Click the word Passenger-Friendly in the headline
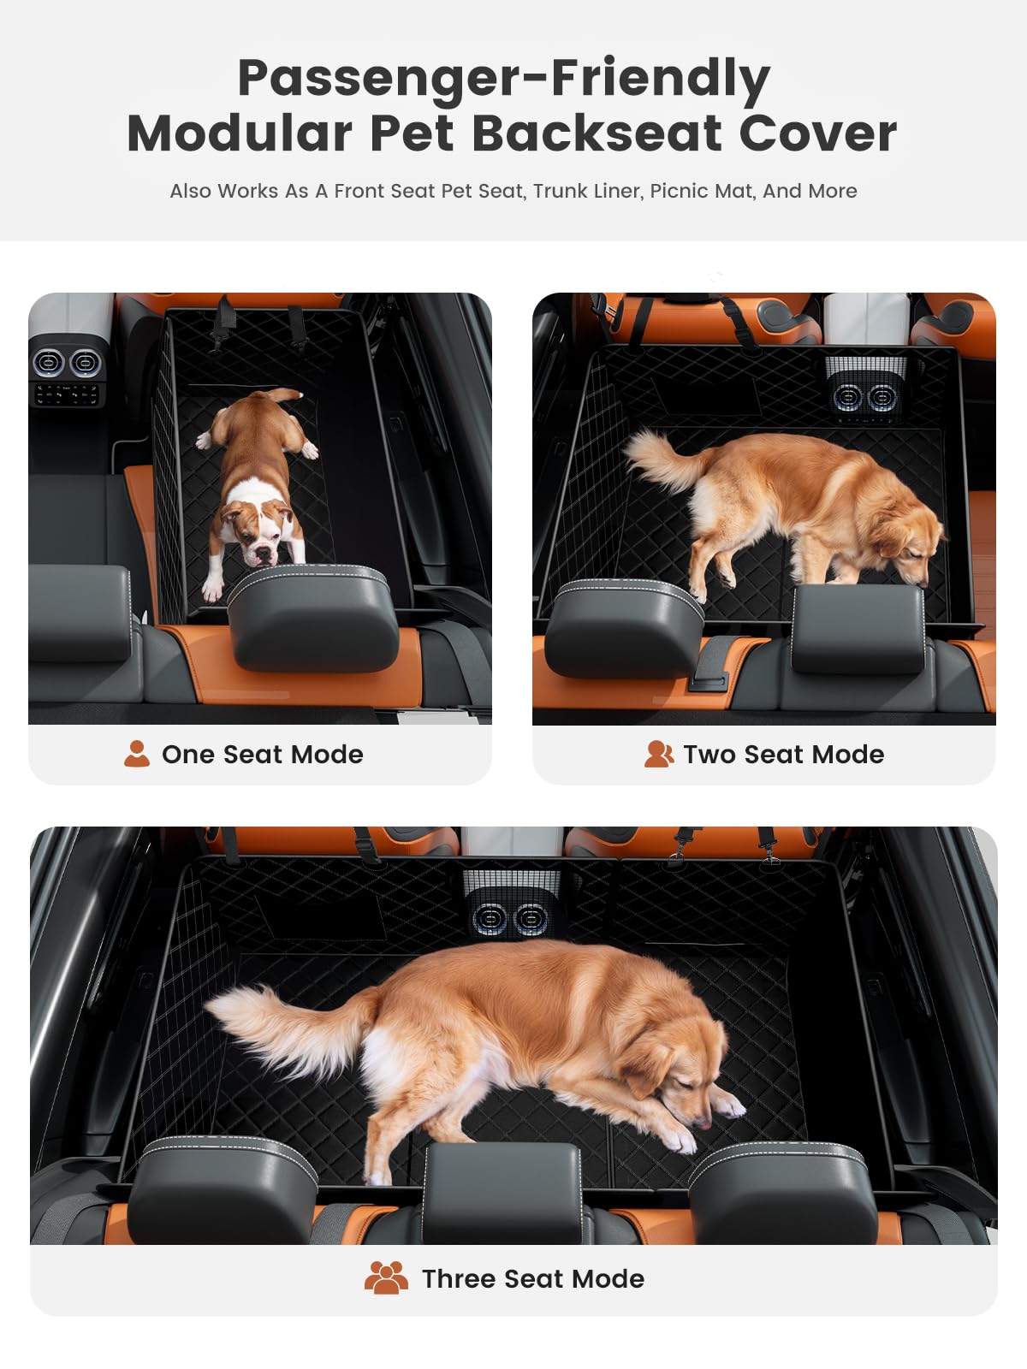pos(503,79)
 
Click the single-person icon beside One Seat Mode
pos(136,754)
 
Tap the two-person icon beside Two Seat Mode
pos(658,754)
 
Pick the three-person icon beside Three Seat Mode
pos(386,1277)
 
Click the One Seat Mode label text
pos(262,754)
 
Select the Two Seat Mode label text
pos(783,754)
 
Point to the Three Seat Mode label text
pos(532,1278)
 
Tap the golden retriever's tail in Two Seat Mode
pos(661,459)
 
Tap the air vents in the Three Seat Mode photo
pos(510,920)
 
